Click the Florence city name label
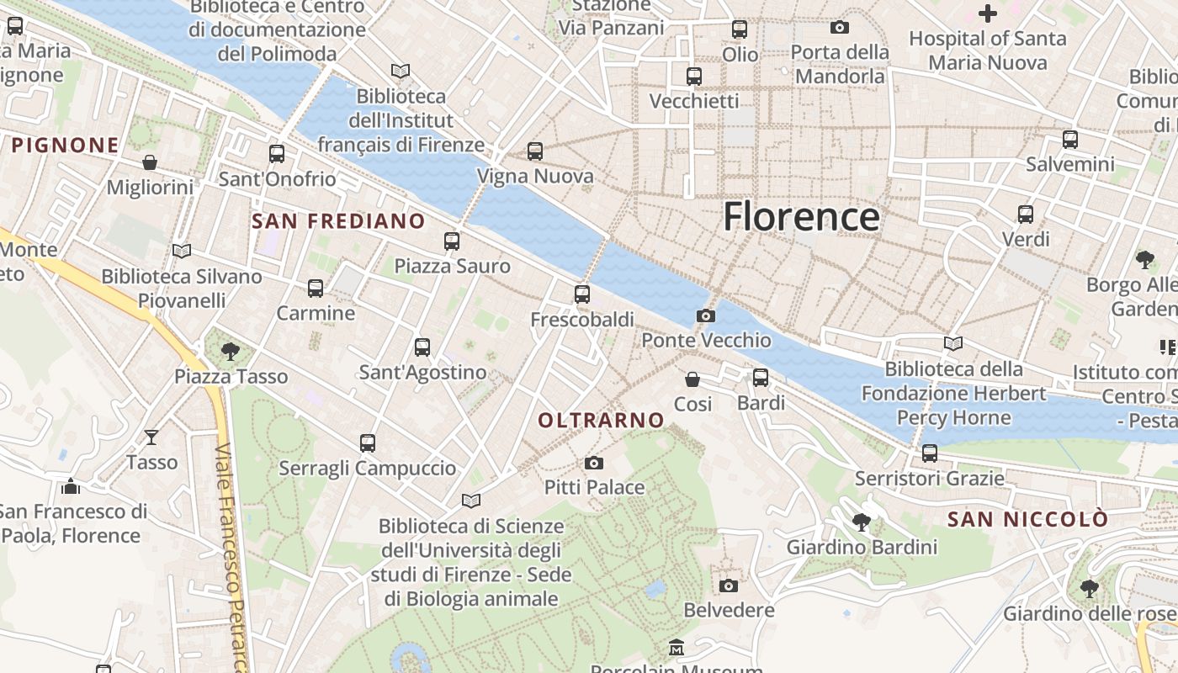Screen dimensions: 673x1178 pos(801,217)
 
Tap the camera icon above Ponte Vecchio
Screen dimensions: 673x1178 pos(706,316)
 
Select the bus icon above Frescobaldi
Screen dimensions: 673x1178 pos(582,294)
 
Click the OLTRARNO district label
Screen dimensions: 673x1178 pos(601,420)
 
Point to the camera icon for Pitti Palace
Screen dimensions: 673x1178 pos(594,463)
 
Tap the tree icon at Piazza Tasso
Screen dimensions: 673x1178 pos(231,351)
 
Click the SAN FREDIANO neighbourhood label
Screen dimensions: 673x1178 pos(338,221)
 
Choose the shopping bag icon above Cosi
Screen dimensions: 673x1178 pos(692,379)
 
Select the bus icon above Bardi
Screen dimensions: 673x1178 pos(761,378)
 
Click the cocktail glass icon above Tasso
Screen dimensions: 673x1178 pos(151,437)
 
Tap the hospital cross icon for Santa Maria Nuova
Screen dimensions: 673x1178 pos(988,13)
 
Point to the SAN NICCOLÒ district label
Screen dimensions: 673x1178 pos(1028,519)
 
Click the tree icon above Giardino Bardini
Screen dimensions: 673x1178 pos(861,522)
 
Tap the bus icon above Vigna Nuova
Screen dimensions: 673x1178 pos(535,151)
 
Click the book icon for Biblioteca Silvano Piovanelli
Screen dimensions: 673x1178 pos(182,251)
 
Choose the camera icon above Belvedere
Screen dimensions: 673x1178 pos(729,586)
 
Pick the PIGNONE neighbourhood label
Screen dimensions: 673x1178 pos(65,145)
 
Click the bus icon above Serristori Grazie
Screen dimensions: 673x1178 pos(930,453)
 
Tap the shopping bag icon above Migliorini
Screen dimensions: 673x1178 pos(150,162)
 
